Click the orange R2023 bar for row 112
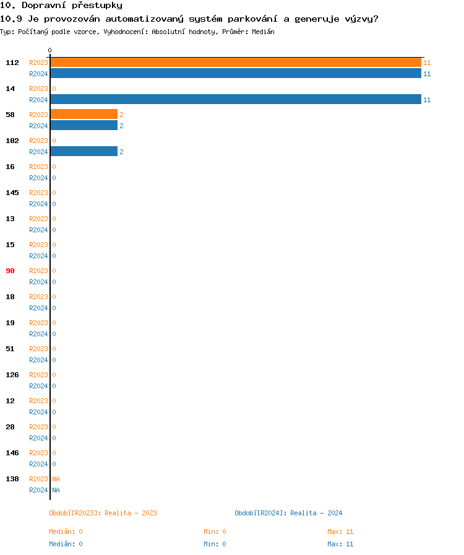coord(235,63)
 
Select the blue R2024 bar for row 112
coord(235,74)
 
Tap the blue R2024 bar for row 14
coord(235,100)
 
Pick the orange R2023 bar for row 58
coord(84,115)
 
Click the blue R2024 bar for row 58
coord(84,126)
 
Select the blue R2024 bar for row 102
coord(84,152)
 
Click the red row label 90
coord(11,271)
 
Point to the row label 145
coord(12,193)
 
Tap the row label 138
coord(12,479)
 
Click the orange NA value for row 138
coord(56,479)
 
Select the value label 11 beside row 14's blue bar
coord(427,100)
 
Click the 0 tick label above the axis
coord(50,51)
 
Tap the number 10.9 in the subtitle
coord(12,19)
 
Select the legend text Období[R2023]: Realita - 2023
coord(103,513)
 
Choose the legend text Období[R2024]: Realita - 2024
coord(288,513)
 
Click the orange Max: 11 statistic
coord(340,531)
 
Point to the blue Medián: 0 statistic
coord(66,544)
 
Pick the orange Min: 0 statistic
coord(215,531)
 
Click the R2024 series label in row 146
coord(38,464)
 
